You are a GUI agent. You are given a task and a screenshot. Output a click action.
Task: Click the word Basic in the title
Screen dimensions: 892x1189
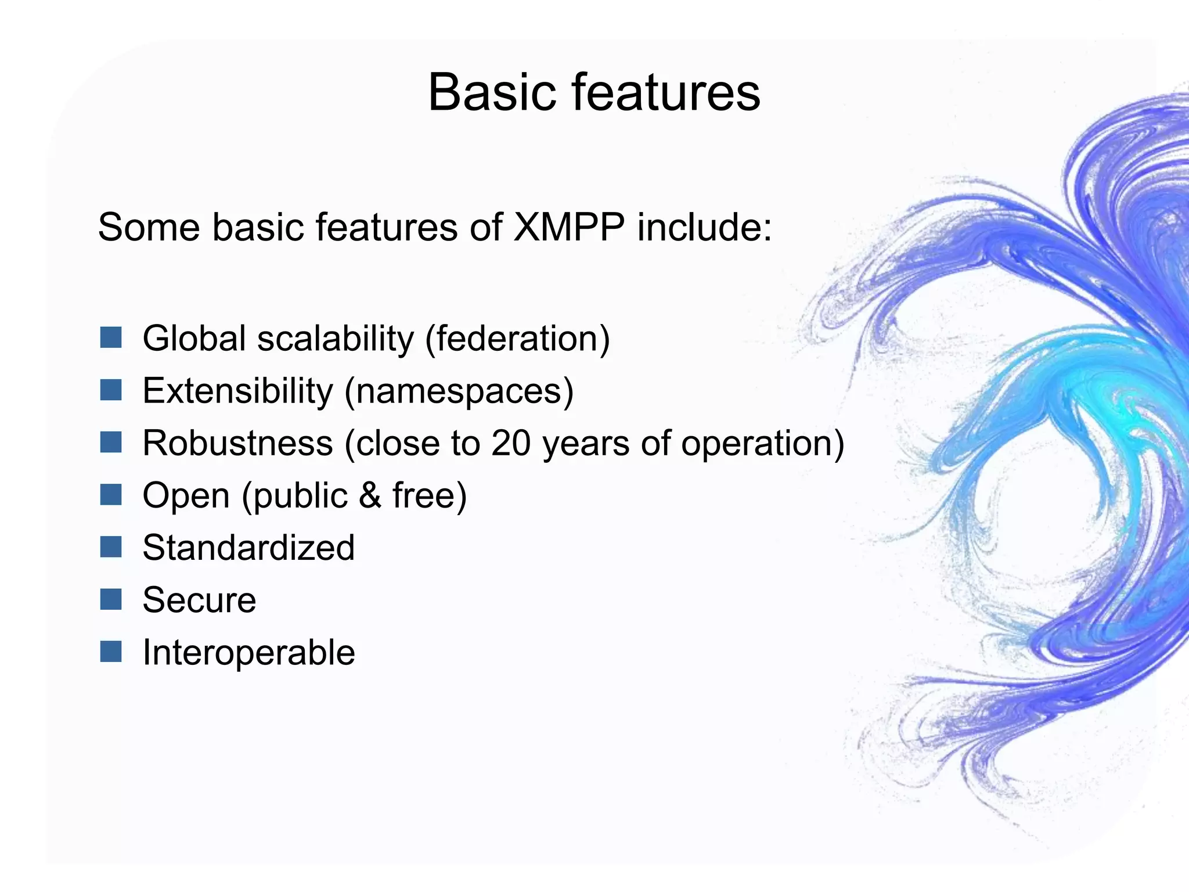[491, 93]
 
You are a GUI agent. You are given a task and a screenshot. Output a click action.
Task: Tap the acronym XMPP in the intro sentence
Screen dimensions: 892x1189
[569, 227]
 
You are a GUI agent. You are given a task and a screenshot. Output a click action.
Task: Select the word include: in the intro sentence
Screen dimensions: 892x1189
[705, 227]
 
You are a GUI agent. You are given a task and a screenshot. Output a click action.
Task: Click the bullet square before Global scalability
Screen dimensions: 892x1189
[110, 337]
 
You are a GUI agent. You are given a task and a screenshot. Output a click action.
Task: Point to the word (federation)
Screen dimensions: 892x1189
[517, 339]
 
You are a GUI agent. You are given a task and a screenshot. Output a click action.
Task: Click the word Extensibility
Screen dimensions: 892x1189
[237, 391]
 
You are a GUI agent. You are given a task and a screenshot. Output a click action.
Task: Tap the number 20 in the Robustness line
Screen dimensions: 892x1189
[511, 443]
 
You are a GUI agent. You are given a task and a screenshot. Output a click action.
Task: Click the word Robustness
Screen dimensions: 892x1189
[237, 443]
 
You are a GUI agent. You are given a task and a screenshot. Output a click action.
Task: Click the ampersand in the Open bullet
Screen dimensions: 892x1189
[370, 495]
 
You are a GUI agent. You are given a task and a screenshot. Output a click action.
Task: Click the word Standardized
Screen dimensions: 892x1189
[248, 548]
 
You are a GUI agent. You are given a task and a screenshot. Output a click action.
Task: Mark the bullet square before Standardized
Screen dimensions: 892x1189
[110, 546]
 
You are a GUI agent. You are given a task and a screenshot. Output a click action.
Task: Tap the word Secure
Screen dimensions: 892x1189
[199, 600]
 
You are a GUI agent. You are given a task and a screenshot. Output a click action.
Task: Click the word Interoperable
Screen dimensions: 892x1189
[248, 653]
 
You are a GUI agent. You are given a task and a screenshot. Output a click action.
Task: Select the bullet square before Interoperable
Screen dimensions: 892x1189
[110, 652]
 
